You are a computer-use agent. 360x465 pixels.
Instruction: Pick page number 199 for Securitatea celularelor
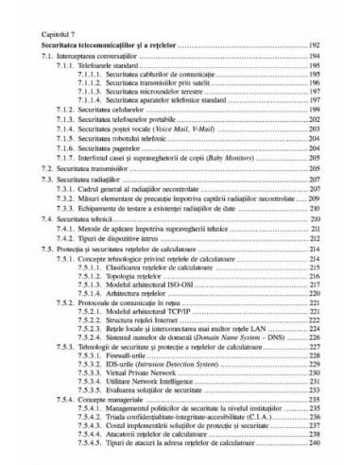pos(315,110)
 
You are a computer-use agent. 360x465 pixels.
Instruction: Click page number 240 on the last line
pos(315,443)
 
